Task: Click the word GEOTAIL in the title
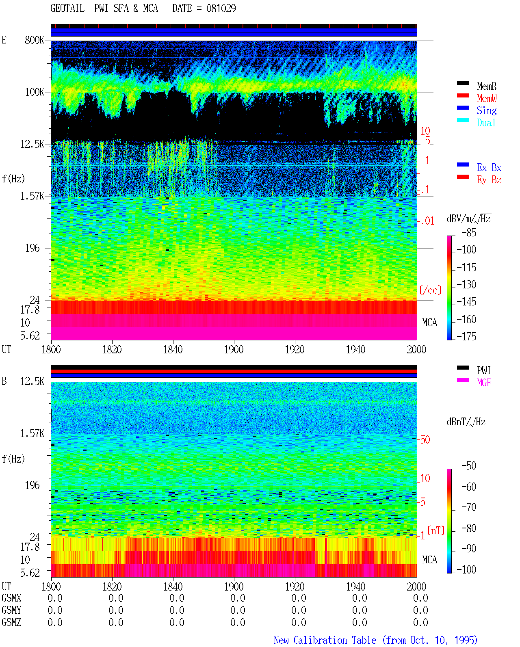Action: (x=67, y=8)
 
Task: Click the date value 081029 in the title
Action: (x=221, y=8)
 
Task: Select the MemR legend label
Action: (x=487, y=86)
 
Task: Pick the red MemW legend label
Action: (x=487, y=98)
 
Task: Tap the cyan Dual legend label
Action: (x=486, y=123)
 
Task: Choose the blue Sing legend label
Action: (x=487, y=110)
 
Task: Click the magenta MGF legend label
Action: (x=484, y=383)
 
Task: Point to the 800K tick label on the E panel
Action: (x=35, y=40)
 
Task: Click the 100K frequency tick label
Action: (x=35, y=92)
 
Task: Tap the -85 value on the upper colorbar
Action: (x=469, y=232)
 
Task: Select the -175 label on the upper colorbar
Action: (x=466, y=336)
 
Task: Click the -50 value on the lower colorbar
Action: (x=469, y=466)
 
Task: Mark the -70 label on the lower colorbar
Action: (x=469, y=507)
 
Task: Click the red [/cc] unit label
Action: (x=430, y=290)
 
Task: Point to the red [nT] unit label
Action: (x=436, y=530)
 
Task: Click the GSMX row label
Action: (x=11, y=598)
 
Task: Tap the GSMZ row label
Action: (x=11, y=622)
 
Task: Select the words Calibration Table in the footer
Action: (x=335, y=640)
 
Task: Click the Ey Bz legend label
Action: (x=489, y=180)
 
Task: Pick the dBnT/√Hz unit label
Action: (x=466, y=422)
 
